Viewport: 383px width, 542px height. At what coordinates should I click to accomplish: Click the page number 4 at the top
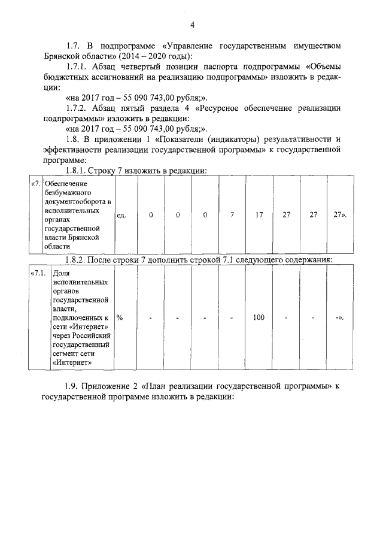[192, 25]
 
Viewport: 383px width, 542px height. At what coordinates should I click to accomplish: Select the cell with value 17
[259, 215]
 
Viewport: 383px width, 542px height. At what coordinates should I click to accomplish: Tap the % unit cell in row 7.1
[120, 317]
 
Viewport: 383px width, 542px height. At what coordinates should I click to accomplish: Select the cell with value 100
[259, 317]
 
